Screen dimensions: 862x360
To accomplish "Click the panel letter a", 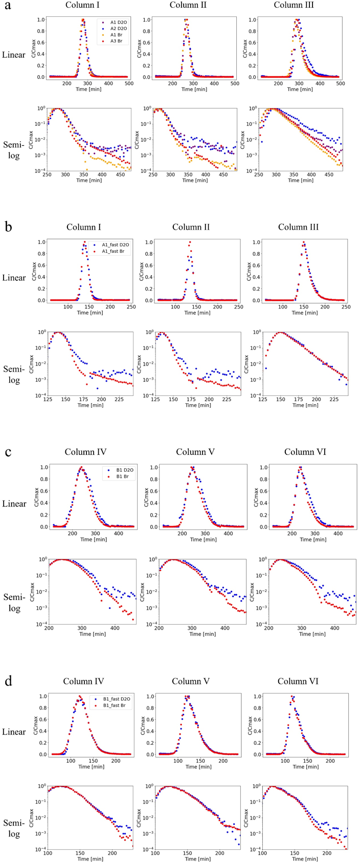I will point(8,8).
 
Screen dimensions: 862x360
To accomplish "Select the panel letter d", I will point(8,681).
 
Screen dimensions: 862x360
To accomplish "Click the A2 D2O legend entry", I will point(116,29).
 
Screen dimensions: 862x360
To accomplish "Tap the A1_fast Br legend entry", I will point(114,251).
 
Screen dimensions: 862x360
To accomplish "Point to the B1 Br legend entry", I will point(119,476).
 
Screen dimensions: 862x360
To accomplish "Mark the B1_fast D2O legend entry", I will point(115,699).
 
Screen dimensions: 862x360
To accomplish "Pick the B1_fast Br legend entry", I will point(115,705).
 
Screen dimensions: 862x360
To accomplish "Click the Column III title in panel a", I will point(294,5).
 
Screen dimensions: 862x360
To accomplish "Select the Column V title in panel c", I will point(195,452).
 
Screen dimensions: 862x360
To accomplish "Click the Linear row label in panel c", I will point(14,504).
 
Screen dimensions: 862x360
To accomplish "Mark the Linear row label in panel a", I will point(14,55).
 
